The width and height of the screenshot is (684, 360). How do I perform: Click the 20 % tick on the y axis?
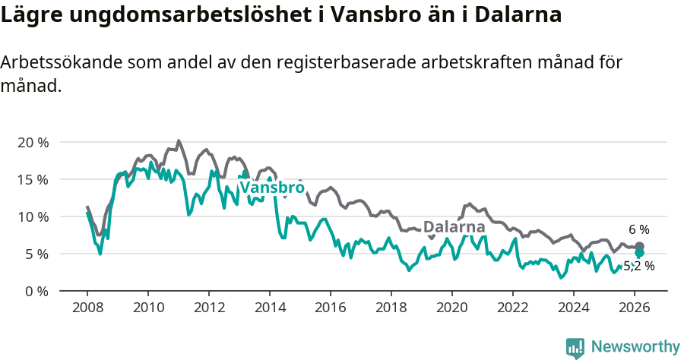point(33,142)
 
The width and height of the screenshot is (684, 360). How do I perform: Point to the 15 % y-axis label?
point(33,179)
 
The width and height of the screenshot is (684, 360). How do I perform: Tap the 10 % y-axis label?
point(33,216)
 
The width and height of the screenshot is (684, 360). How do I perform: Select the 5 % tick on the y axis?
point(36,254)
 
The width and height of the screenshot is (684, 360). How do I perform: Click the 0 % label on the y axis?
point(36,291)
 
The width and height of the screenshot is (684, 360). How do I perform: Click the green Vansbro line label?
point(272,188)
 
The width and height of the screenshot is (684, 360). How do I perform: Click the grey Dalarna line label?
point(454,227)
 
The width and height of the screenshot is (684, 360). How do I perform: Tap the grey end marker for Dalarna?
point(639,247)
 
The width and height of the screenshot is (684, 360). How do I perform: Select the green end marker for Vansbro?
point(639,253)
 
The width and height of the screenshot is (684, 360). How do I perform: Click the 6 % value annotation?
point(638,229)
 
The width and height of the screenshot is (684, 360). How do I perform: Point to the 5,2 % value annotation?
point(638,266)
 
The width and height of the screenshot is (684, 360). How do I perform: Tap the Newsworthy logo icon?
point(575,348)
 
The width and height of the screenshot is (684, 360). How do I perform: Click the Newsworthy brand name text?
point(635,347)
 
